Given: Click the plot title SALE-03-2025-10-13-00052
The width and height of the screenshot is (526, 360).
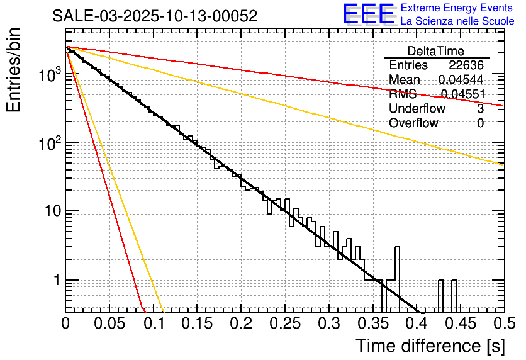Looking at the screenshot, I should [x=155, y=16].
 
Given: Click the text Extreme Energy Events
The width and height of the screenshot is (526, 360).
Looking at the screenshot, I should [x=457, y=8].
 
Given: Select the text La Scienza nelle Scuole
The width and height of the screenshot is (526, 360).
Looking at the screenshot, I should [x=457, y=21].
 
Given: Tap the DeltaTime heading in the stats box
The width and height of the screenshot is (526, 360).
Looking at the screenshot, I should [x=436, y=51].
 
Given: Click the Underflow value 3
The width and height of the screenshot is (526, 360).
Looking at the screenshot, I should [x=481, y=109].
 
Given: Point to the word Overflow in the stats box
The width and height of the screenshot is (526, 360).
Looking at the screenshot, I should [x=413, y=123].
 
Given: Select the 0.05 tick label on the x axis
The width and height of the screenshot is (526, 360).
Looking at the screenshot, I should [x=109, y=324].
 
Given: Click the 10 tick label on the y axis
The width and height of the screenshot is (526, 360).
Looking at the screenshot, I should [x=53, y=211].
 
